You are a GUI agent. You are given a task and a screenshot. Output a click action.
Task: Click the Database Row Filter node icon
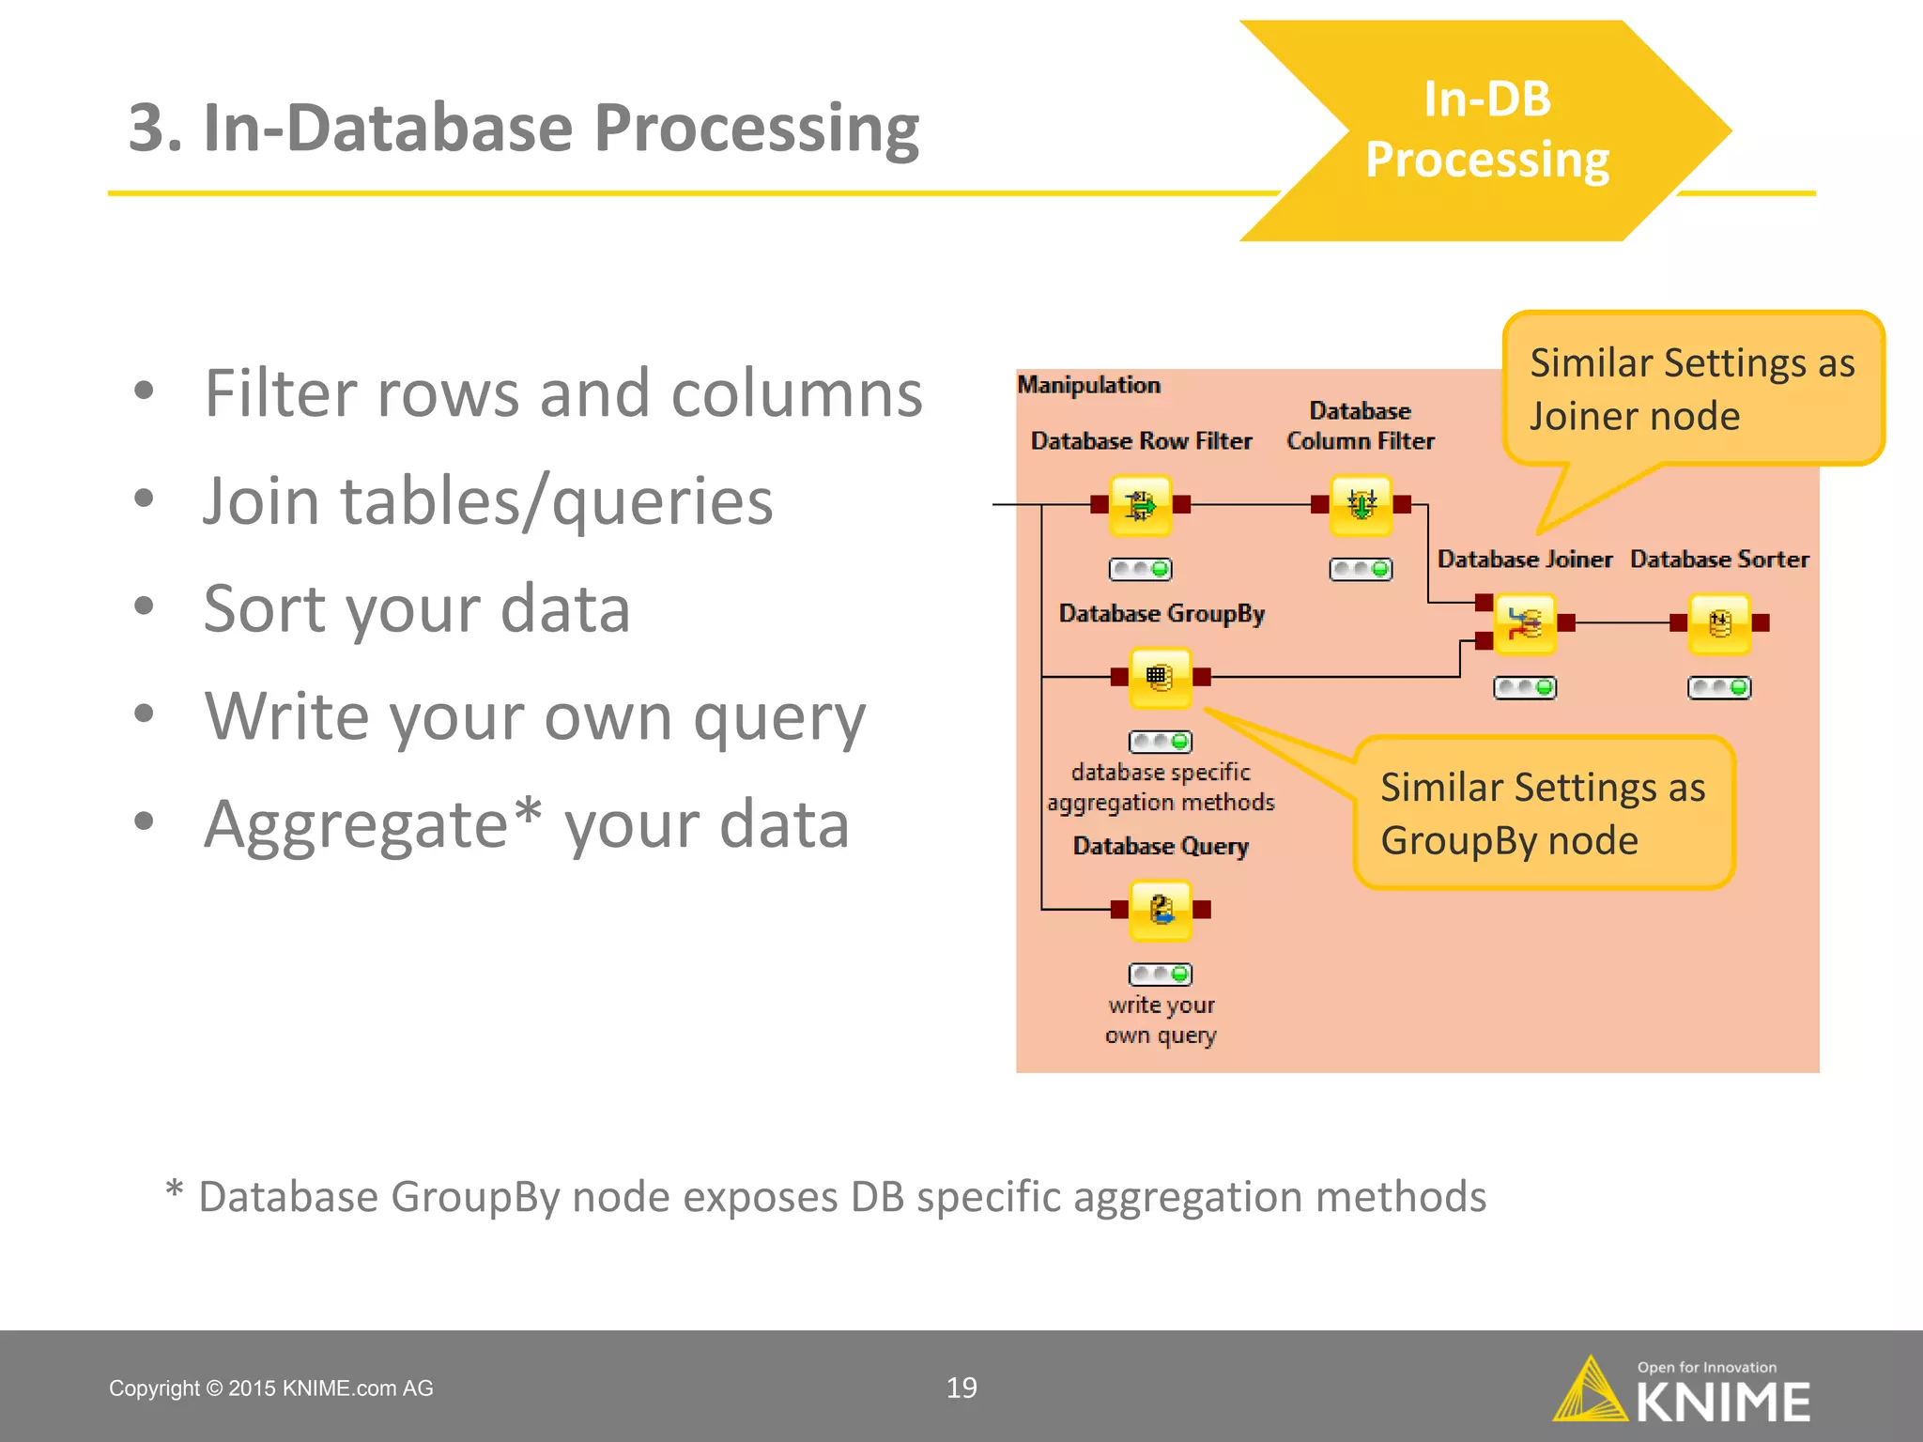[1140, 505]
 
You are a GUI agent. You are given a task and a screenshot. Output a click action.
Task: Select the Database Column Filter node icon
[1361, 505]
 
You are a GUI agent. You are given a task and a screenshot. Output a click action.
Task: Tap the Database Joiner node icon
[1525, 623]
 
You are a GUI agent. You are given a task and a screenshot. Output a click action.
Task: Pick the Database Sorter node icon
[1719, 623]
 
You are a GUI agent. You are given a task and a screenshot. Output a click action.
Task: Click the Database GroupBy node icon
[1160, 677]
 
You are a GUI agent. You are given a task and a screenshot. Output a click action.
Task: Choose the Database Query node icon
[1161, 909]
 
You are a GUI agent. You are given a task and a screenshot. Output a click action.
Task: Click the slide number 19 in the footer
[961, 1388]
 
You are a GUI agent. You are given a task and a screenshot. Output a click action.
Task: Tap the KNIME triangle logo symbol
[1590, 1390]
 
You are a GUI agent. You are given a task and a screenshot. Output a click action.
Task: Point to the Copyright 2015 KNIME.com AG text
[271, 1388]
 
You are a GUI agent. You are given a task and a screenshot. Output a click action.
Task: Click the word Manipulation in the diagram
[1089, 385]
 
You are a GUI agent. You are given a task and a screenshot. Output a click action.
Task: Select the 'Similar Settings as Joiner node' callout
[1693, 389]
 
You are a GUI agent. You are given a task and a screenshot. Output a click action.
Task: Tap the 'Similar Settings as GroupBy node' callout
[1543, 813]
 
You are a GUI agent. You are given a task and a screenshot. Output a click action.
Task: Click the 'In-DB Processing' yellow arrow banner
[1486, 130]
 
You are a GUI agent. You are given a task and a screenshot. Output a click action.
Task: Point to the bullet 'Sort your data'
[417, 608]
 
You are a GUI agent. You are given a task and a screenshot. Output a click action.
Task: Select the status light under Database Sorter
[1719, 688]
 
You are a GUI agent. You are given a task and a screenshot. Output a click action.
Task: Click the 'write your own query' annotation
[1161, 1020]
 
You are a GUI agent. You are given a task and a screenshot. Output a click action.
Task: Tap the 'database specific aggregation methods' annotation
[1161, 787]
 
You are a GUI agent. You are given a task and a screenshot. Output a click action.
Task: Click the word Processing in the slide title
[757, 129]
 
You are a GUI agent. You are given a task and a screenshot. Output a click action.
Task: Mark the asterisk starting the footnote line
[175, 1190]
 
